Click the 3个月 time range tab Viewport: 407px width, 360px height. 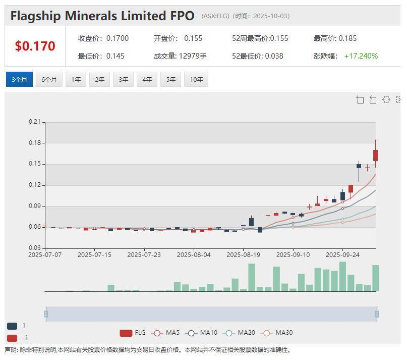[x=19, y=79]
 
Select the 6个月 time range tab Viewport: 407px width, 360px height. [x=49, y=79]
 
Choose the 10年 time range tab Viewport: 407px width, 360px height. [x=196, y=79]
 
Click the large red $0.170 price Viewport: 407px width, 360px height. [x=35, y=46]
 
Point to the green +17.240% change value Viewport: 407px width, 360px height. [x=361, y=56]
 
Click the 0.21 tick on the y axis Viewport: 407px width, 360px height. [x=34, y=122]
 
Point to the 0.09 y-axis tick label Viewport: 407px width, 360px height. [x=34, y=206]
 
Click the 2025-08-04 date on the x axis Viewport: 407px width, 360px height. [x=194, y=255]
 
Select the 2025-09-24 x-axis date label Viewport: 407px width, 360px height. [x=342, y=255]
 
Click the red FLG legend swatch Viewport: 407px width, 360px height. [x=126, y=333]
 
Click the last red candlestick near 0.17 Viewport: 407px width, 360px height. [x=375, y=156]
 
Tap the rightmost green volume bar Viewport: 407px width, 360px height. [x=375, y=278]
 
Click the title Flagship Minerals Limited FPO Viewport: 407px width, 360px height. [x=102, y=16]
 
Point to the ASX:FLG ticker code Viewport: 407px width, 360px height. [x=216, y=16]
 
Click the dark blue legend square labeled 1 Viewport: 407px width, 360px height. [x=12, y=326]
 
